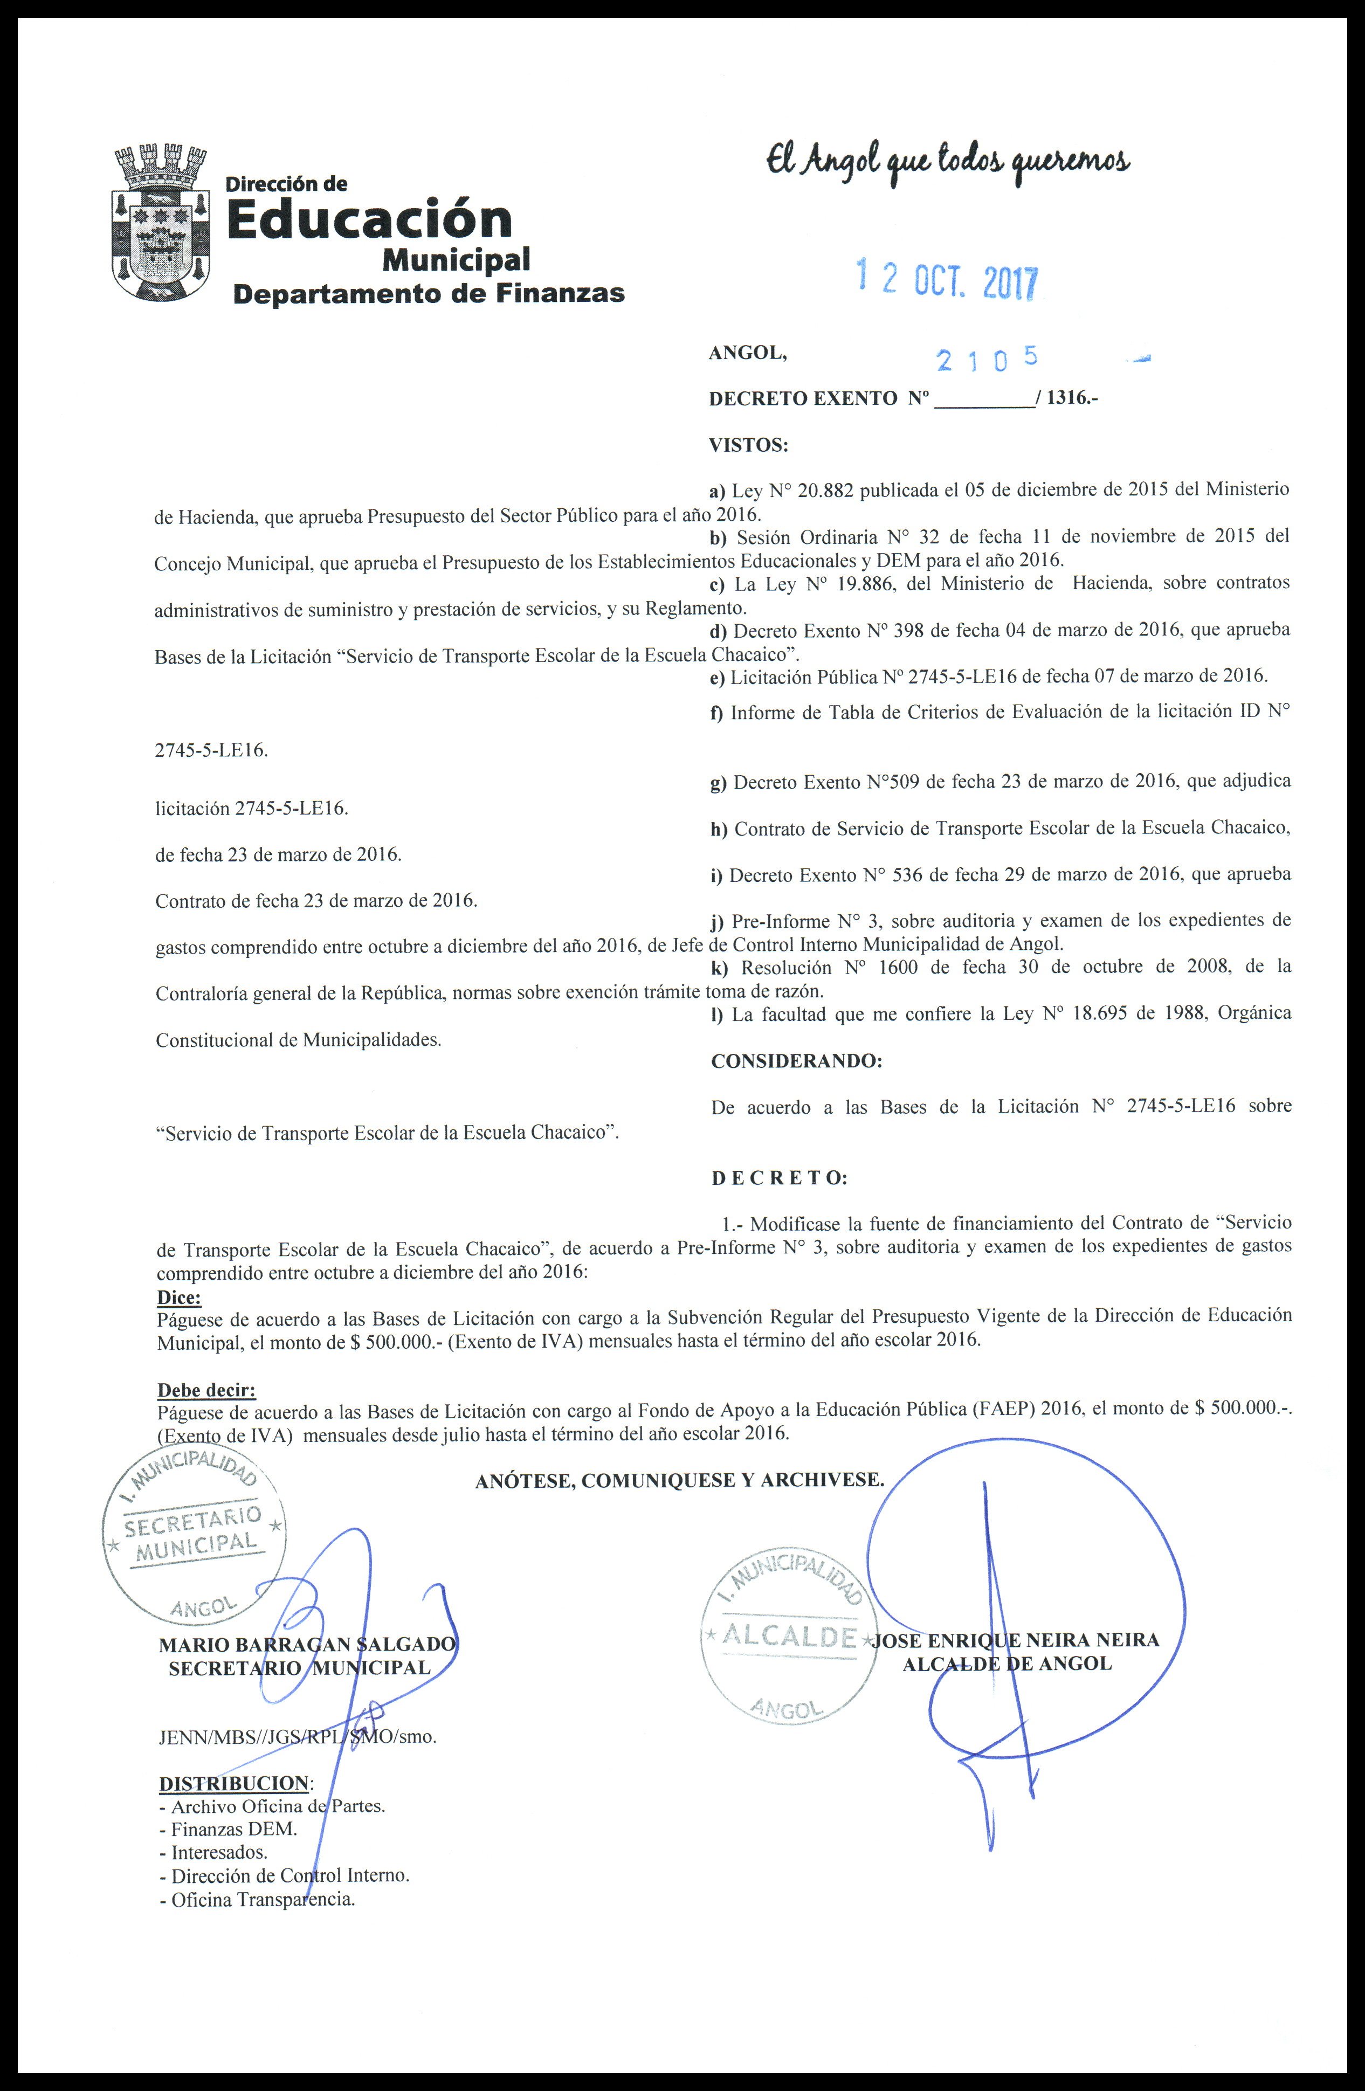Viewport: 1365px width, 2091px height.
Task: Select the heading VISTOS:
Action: [x=748, y=445]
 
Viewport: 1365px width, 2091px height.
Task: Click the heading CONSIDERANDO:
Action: [x=796, y=1060]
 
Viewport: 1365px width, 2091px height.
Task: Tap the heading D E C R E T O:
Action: [x=779, y=1178]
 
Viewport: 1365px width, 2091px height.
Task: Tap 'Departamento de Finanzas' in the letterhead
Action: [x=428, y=293]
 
